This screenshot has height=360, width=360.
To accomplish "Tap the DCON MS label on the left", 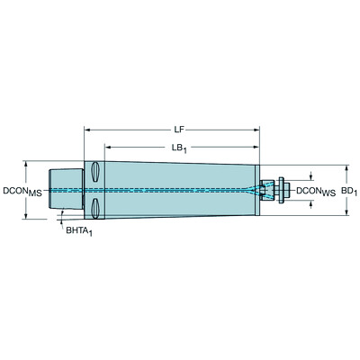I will click(x=23, y=192).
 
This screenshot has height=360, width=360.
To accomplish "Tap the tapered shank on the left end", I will click(x=64, y=190).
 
